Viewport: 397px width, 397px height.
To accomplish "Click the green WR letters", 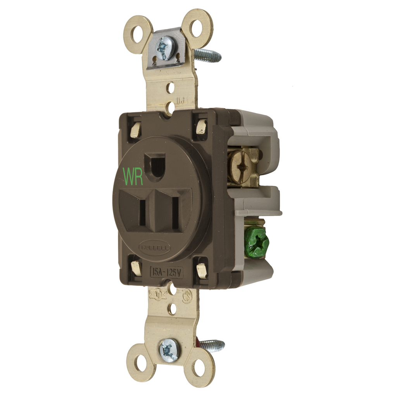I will click(133, 176).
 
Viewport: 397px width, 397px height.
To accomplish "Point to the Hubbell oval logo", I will click(154, 247).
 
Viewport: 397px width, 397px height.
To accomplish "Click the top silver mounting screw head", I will click(164, 48).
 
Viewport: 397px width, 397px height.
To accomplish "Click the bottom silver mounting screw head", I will click(169, 350).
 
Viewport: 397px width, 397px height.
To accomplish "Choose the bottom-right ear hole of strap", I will click(199, 368).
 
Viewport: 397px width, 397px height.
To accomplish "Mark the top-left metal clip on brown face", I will click(136, 129).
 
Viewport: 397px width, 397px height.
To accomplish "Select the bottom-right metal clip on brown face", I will click(201, 270).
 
